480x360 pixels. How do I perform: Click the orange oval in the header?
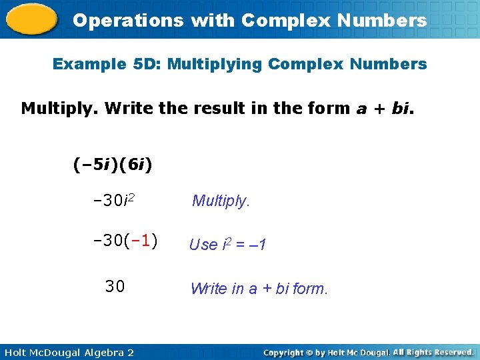tap(31, 19)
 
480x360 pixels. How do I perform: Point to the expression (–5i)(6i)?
tap(113, 163)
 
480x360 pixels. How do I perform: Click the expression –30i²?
tap(115, 201)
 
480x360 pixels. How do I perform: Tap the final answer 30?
tap(115, 287)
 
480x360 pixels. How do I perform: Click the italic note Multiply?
tap(221, 201)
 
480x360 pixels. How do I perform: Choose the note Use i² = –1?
tap(228, 245)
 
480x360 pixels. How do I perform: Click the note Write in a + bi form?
tap(259, 289)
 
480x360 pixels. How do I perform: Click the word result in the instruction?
tap(218, 108)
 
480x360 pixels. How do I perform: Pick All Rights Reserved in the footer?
tap(433, 351)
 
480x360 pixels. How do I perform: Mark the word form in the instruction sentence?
tap(328, 108)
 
